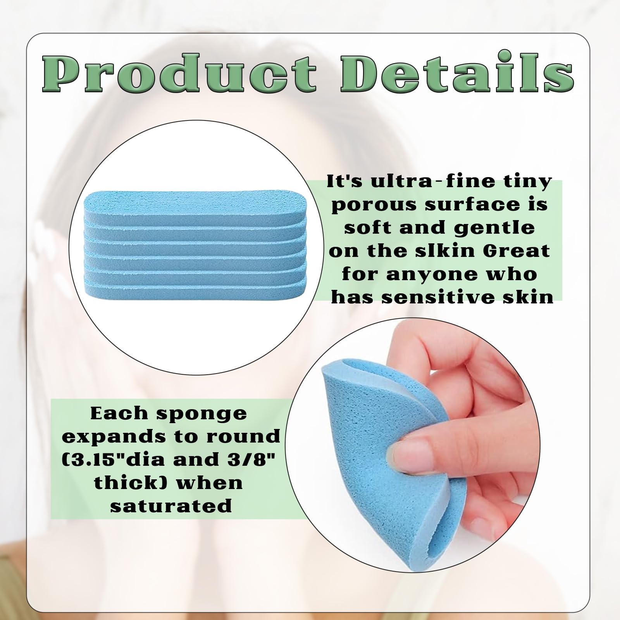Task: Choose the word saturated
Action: [x=171, y=506]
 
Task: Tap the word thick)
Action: [x=129, y=483]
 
